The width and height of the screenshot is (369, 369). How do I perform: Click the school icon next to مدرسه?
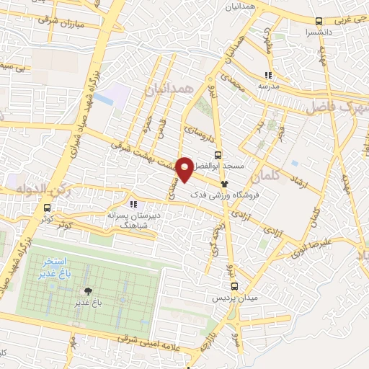[x=268, y=74]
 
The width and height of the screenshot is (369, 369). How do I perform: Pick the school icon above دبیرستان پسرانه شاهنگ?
[x=132, y=204]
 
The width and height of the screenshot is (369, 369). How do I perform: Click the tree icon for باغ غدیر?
[x=89, y=290]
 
